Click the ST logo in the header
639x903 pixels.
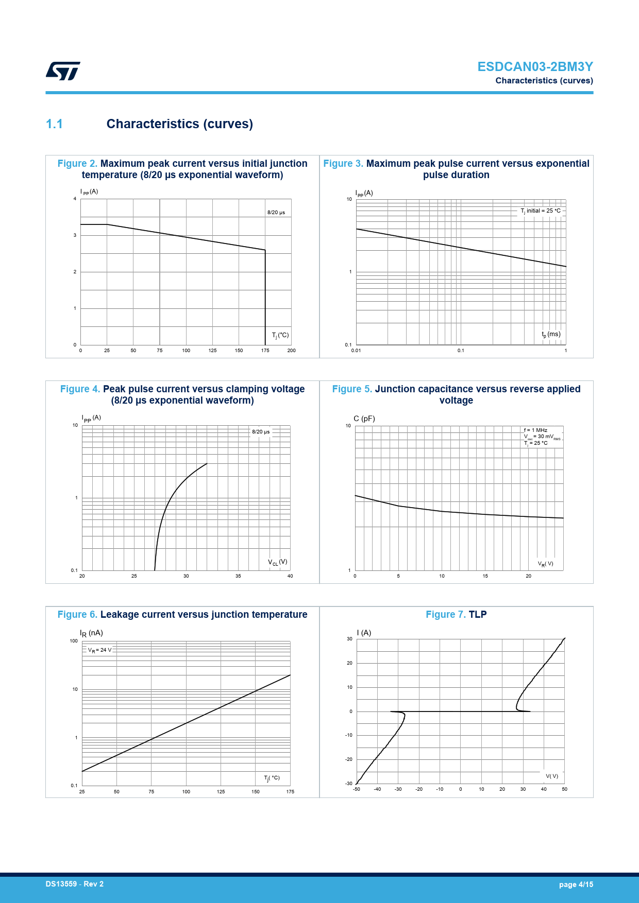[63, 71]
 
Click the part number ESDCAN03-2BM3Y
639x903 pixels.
[535, 67]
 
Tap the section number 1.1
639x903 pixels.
[54, 124]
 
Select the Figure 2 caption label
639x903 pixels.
[77, 164]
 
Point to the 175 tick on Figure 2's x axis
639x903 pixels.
[265, 351]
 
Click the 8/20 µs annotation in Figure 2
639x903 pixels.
[276, 213]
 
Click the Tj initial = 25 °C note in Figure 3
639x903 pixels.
[541, 211]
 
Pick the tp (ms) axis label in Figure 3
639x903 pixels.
[551, 335]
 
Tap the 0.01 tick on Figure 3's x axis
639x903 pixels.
[356, 351]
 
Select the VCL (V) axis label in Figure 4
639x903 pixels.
[277, 562]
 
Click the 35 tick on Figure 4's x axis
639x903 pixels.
[238, 576]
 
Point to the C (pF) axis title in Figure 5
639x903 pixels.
[364, 419]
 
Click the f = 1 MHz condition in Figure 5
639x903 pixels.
[535, 430]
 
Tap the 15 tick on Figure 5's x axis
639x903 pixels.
[485, 576]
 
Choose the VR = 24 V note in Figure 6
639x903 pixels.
[99, 650]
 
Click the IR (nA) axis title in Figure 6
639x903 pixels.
[91, 633]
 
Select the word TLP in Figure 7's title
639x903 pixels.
[478, 615]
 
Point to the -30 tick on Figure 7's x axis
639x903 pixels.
[398, 789]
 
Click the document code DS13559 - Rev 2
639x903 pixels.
[74, 884]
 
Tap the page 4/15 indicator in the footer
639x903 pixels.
[576, 884]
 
